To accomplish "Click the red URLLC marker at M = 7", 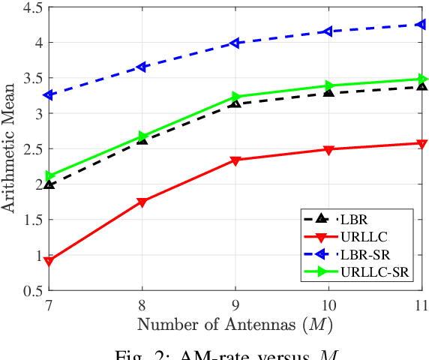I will point(49,261).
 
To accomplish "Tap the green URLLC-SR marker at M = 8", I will point(142,136).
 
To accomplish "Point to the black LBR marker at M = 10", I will point(328,91).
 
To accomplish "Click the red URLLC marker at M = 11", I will point(421,143).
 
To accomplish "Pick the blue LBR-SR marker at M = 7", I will point(49,95).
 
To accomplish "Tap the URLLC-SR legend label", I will point(373,271).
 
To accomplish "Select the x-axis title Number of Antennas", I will point(235,324).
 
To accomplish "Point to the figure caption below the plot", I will point(235,352).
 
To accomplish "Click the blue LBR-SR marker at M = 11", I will point(421,25).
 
